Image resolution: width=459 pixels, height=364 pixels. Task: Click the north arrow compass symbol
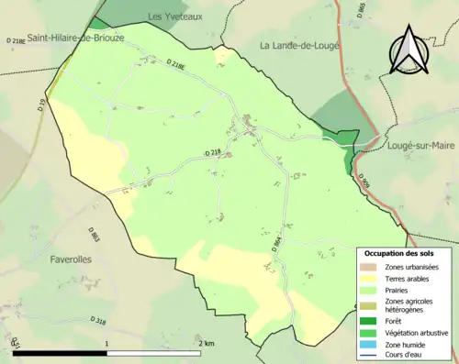pos(410,51)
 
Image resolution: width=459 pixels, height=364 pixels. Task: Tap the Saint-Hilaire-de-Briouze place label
pos(76,38)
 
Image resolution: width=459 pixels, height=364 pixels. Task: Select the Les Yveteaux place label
pos(174,17)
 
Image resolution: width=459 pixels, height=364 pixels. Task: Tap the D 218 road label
pos(213,151)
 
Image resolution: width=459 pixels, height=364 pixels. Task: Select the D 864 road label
pos(276,244)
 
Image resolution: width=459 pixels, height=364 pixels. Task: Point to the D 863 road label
pos(95,235)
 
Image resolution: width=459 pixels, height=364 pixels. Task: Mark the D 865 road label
pos(361,12)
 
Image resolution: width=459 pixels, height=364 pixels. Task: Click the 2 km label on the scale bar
pos(207,343)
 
